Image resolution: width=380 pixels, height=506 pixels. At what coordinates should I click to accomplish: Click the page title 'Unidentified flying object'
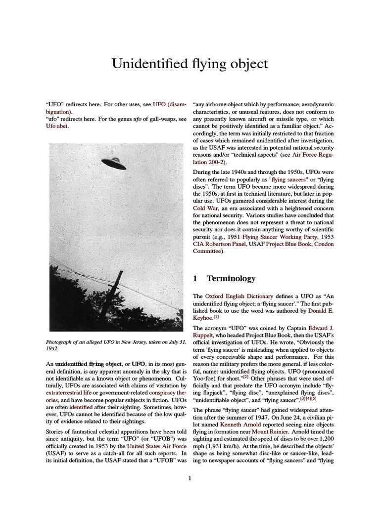[190, 64]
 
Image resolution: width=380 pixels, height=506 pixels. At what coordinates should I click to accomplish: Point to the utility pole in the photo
[117, 296]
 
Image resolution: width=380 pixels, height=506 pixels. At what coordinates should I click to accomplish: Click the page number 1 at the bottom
[190, 477]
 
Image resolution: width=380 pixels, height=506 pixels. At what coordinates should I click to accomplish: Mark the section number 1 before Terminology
[195, 279]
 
